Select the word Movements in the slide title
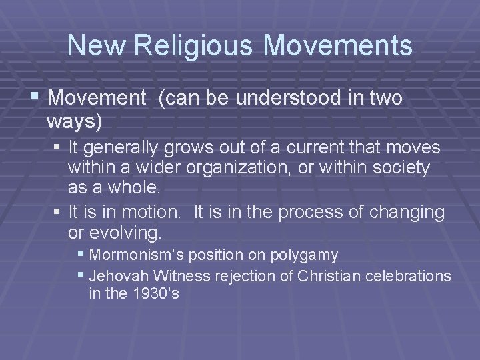tap(338, 45)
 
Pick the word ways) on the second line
tap(75, 122)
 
